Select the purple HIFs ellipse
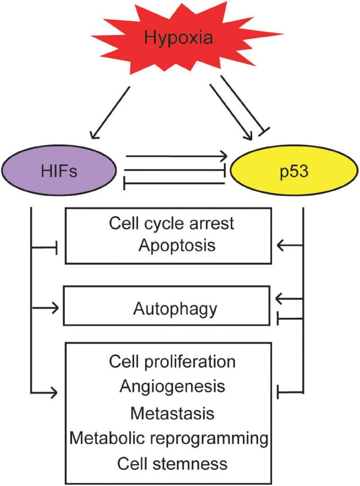tap(60, 170)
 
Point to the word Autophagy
tap(175, 309)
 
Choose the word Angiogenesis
tap(172, 386)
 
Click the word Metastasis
tap(172, 413)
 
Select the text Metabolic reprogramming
tap(169, 438)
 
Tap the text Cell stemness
tap(172, 463)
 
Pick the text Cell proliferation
tap(172, 362)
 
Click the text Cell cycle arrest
tap(171, 223)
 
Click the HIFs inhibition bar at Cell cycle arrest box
tap(57, 247)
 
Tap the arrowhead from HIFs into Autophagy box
tap(56, 309)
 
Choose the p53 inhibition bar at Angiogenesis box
tap(278, 392)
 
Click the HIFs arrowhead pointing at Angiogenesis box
tap(56, 392)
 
